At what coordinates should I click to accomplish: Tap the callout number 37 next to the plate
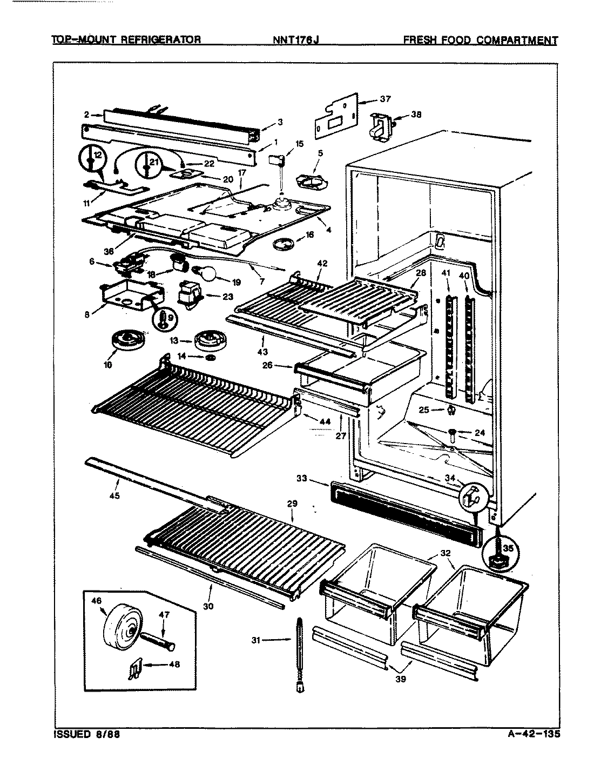click(385, 99)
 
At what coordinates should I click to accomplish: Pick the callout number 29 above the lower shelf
click(292, 504)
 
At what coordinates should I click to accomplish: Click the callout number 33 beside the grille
click(302, 478)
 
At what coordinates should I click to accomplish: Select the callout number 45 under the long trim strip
click(114, 495)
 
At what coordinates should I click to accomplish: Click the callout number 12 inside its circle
click(97, 156)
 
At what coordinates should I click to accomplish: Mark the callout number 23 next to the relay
click(227, 296)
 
